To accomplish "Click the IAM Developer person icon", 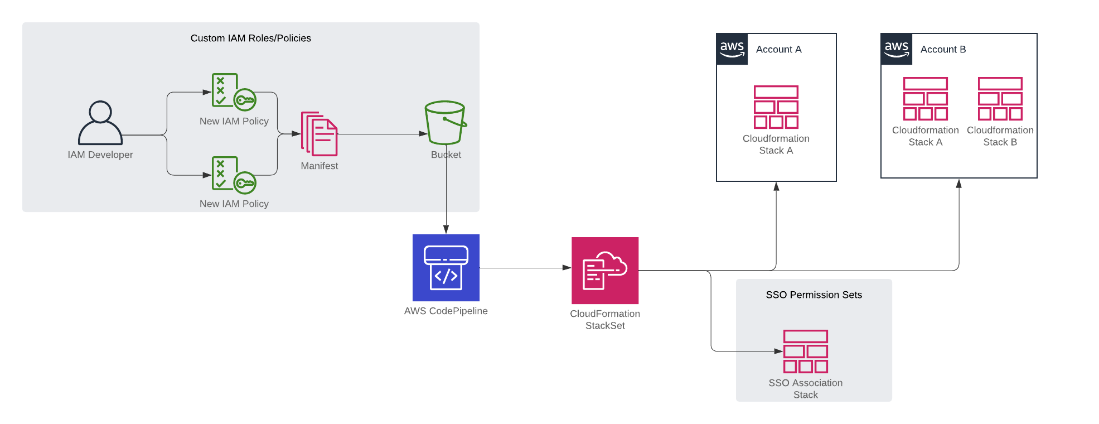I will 100,123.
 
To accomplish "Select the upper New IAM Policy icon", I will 233,91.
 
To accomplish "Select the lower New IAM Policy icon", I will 233,174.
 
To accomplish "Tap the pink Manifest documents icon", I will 319,134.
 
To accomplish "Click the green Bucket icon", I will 446,123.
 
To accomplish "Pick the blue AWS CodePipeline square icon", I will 446,268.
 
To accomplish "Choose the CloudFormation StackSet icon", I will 605,271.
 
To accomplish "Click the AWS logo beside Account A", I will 732,49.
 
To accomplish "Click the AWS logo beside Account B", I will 897,49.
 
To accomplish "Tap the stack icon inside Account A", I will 776,107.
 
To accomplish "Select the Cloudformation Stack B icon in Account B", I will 1000,99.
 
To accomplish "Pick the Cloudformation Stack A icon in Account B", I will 925,99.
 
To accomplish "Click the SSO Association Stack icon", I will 805,351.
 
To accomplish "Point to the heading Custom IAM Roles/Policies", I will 250,38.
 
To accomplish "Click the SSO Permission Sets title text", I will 814,295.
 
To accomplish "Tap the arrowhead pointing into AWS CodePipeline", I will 446,229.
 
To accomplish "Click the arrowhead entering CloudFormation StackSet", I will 567,268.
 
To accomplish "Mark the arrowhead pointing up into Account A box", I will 776,186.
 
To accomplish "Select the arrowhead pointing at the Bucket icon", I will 423,134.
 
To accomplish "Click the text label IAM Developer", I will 100,155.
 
